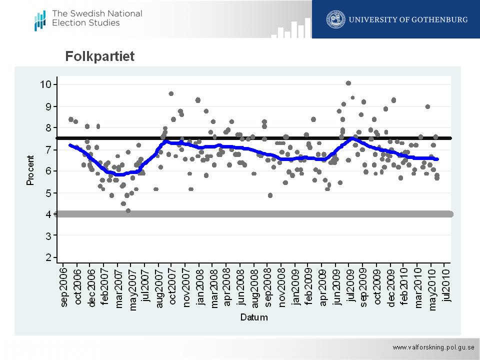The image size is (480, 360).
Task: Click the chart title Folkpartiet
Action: tap(100, 57)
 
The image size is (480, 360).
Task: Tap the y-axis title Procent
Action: tap(30, 170)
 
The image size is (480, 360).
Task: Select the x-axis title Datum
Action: tap(253, 317)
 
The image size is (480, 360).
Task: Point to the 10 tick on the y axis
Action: tap(46, 84)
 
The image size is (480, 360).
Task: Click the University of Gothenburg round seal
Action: tap(335, 19)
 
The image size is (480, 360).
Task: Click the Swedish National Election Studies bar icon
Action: tap(40, 20)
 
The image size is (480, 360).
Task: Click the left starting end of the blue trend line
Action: tap(70, 145)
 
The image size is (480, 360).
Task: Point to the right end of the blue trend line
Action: tap(437, 159)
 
